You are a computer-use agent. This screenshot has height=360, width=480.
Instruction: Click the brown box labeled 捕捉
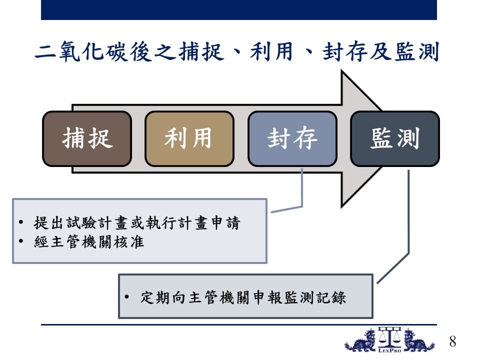(x=87, y=139)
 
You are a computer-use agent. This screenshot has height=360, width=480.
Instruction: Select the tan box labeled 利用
(x=189, y=139)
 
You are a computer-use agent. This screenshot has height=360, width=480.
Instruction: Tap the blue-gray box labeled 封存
(x=292, y=139)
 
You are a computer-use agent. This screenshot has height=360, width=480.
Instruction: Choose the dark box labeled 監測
(x=395, y=139)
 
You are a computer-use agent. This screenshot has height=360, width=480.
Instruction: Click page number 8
(x=452, y=341)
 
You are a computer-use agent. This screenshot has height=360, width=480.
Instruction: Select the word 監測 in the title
(x=417, y=51)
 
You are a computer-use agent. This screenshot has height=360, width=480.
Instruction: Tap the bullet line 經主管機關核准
(x=89, y=242)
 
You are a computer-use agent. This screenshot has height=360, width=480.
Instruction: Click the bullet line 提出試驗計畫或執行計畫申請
(x=137, y=222)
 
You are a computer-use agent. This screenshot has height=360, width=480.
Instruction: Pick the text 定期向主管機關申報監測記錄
(x=243, y=297)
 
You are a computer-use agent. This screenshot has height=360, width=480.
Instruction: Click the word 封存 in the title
(x=345, y=51)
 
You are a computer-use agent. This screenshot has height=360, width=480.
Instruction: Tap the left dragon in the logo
(x=361, y=340)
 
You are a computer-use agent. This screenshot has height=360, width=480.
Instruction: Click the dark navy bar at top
(x=239, y=10)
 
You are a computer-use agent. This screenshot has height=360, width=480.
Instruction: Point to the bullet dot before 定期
(x=126, y=296)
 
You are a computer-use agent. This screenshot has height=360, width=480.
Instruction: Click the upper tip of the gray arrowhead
(x=341, y=70)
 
